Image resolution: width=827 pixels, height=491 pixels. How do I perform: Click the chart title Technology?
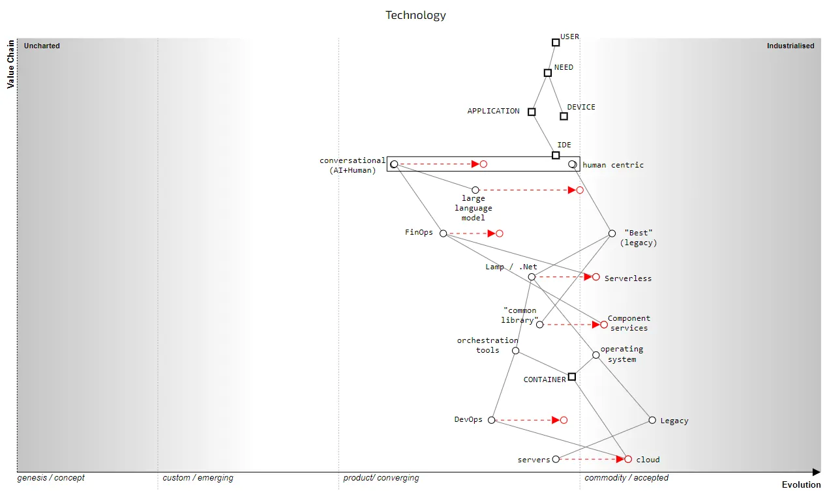click(415, 15)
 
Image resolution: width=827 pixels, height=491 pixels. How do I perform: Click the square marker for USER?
click(556, 42)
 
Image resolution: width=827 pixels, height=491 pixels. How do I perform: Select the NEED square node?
click(548, 73)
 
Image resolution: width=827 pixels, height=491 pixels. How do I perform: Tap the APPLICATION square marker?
click(532, 112)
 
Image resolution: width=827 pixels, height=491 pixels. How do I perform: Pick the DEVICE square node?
click(564, 117)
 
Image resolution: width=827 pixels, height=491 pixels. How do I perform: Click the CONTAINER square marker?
click(572, 377)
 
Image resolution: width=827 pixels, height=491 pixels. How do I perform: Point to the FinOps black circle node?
click(444, 233)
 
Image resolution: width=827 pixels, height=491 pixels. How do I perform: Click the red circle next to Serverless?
click(596, 277)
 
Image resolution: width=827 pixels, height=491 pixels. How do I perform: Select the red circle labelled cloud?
click(628, 460)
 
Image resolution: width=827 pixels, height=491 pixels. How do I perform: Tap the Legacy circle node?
click(652, 420)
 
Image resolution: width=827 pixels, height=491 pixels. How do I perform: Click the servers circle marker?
click(556, 459)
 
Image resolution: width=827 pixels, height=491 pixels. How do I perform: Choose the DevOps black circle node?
click(492, 420)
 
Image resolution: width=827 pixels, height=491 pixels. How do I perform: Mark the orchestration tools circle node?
click(515, 351)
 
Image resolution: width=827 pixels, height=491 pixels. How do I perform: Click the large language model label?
click(474, 208)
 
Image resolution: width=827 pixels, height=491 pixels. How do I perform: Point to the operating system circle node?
click(596, 355)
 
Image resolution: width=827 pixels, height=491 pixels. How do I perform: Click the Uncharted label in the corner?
click(42, 46)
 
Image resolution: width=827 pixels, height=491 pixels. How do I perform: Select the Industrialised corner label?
click(790, 46)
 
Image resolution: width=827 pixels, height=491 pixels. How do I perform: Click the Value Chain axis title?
click(10, 64)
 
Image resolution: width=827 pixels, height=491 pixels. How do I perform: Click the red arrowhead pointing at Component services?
click(595, 325)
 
